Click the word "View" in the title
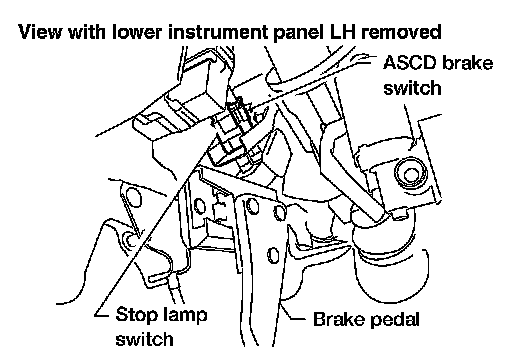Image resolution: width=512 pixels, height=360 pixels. [x=40, y=32]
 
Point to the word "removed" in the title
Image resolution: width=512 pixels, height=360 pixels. [x=401, y=32]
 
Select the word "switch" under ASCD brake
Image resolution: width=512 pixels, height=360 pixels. [x=412, y=88]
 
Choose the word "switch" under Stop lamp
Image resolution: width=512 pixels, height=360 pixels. [x=144, y=339]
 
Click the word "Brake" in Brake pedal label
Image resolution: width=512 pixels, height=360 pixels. [x=339, y=319]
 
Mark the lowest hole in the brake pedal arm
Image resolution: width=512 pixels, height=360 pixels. [x=273, y=255]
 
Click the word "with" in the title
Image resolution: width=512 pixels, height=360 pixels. [x=87, y=32]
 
